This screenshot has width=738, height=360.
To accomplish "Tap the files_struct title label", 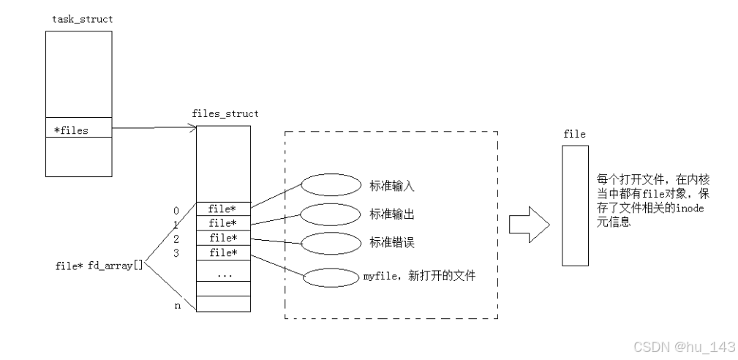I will (x=225, y=113).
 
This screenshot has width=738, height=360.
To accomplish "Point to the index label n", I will (x=176, y=306).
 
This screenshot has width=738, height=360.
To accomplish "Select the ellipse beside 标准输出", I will (x=326, y=214).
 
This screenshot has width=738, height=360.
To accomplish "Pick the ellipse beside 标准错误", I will (x=326, y=242).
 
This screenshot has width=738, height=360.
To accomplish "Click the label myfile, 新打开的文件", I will (x=419, y=277).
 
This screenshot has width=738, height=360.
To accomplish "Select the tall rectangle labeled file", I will (x=575, y=205).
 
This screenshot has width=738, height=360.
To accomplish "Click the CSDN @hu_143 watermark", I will (x=685, y=345).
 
